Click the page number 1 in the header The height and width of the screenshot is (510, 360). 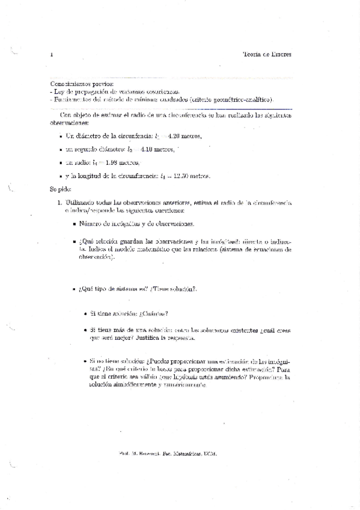click(x=52, y=55)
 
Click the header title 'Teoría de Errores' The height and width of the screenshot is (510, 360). click(x=266, y=54)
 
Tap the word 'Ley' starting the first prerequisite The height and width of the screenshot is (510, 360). click(x=59, y=92)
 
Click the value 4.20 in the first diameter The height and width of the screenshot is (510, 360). click(x=178, y=136)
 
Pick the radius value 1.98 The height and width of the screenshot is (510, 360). click(x=111, y=162)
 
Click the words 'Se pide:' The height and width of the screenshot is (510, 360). click(x=61, y=189)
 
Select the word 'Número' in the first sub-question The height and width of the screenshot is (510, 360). click(x=91, y=224)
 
